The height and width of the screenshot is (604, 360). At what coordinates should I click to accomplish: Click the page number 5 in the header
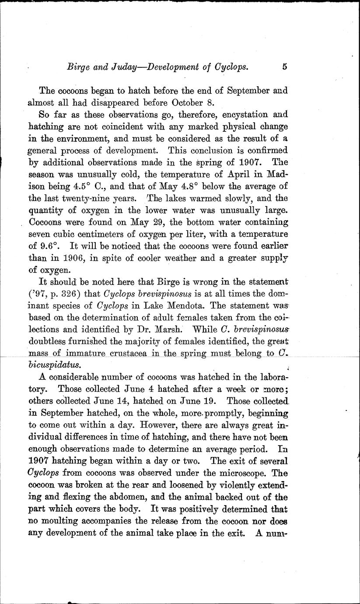click(x=285, y=67)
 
